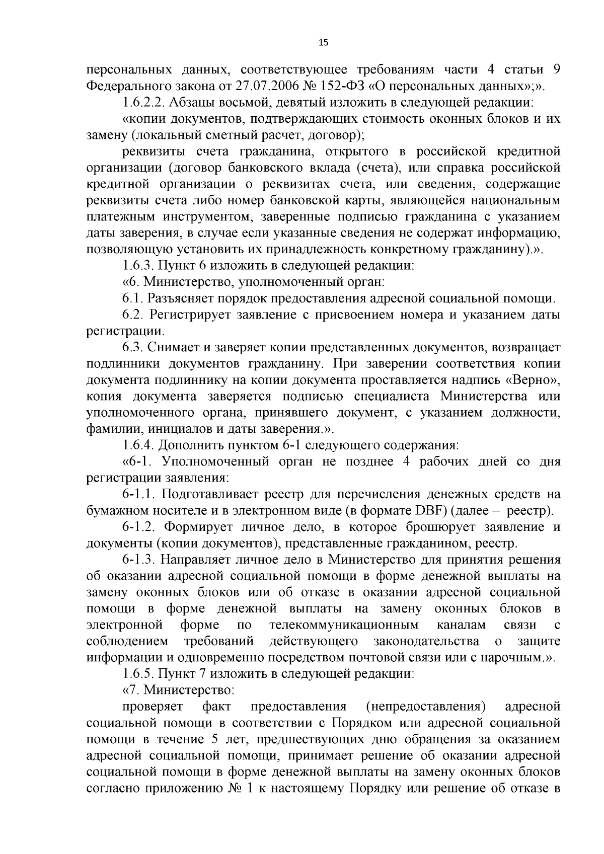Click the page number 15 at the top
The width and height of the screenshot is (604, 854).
tap(323, 43)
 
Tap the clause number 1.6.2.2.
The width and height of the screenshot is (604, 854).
tap(143, 102)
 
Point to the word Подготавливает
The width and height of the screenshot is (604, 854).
tap(211, 494)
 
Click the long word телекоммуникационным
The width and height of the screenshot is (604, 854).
tap(344, 625)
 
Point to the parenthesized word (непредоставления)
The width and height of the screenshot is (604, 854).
tap(426, 707)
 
